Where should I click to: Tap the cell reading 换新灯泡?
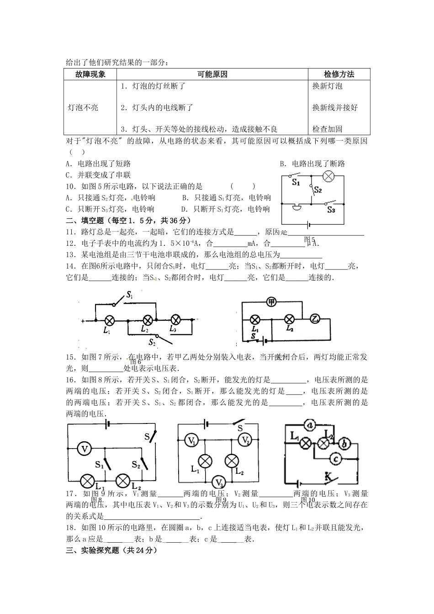pos(327,86)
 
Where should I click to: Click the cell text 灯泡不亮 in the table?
pos(83,108)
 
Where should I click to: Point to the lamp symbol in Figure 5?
pos(328,176)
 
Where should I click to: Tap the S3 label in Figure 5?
pos(331,210)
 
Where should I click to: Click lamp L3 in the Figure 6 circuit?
pos(176,320)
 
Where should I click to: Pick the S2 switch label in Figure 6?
pos(152,341)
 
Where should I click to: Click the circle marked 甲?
pos(271,302)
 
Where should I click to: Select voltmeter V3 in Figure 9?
pos(219,482)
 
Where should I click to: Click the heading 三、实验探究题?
pos(98,550)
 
